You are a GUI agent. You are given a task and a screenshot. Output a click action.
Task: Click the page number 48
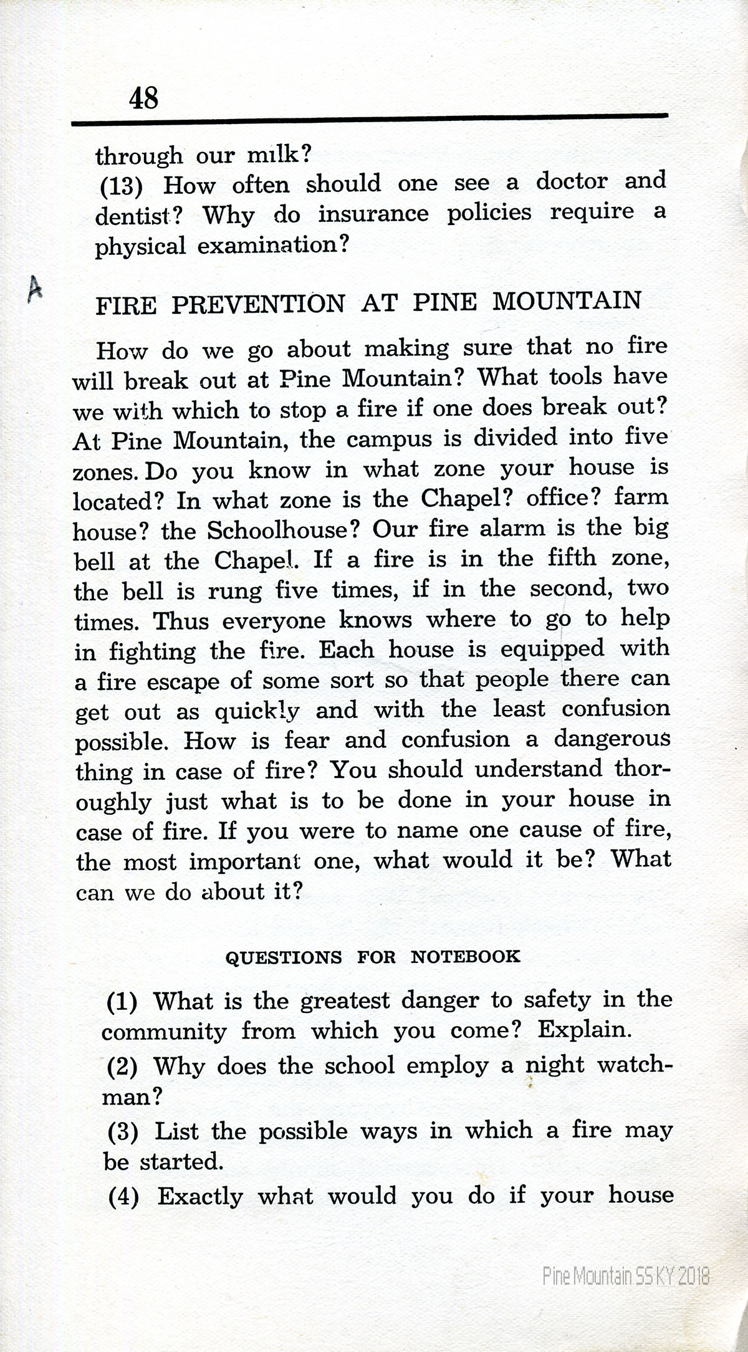click(144, 98)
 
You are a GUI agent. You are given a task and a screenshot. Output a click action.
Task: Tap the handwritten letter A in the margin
click(36, 289)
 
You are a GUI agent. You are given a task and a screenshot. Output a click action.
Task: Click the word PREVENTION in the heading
click(257, 304)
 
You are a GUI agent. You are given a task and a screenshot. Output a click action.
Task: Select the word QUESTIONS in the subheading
click(283, 957)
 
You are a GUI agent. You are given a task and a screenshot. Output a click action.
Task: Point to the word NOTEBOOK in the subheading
click(465, 956)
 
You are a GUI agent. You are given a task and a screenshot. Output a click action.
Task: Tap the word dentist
click(132, 216)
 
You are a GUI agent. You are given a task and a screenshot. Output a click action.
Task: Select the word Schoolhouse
click(284, 530)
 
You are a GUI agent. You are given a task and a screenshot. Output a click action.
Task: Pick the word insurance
click(373, 214)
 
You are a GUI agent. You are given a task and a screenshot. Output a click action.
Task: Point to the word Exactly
click(199, 1196)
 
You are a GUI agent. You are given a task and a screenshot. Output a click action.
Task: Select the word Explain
click(585, 1029)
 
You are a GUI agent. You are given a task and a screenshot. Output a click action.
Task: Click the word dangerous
click(611, 740)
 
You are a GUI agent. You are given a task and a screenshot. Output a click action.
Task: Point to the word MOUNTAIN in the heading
click(567, 300)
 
